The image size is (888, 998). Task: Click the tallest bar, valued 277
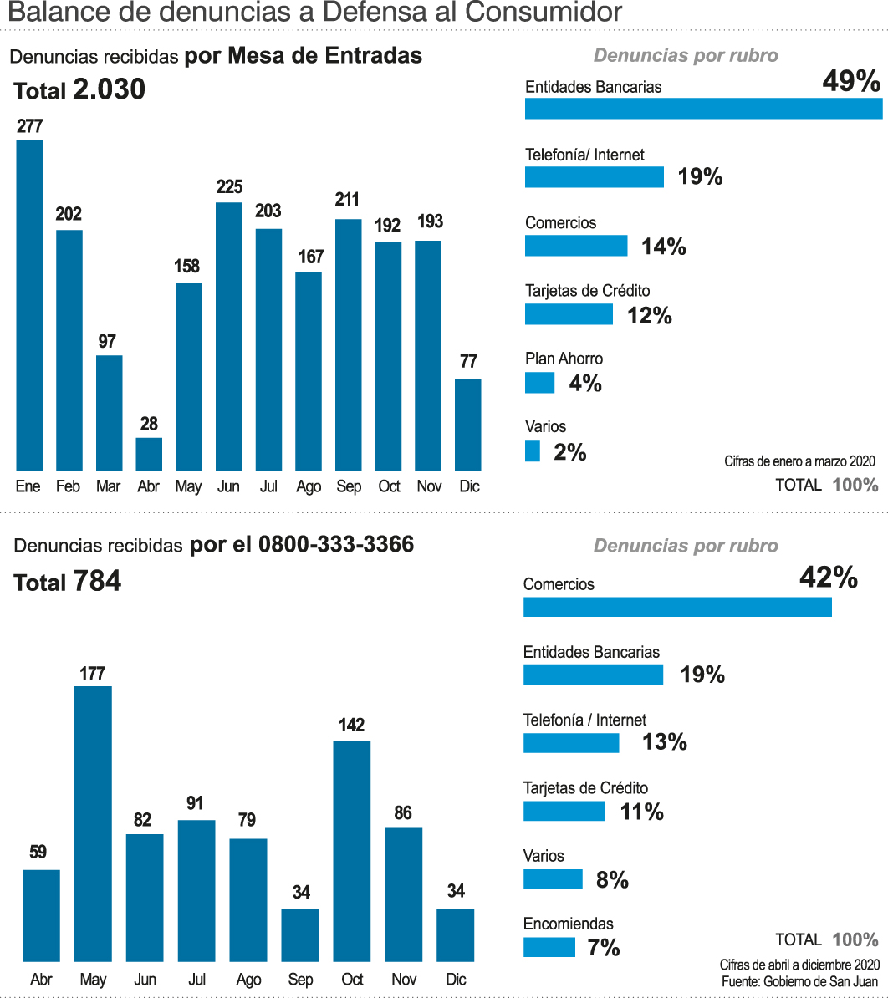tap(29, 305)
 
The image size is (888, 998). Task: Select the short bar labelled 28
tap(149, 454)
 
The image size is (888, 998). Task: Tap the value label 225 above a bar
tap(229, 186)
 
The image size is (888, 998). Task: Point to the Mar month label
tap(108, 486)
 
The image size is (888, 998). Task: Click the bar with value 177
tap(93, 823)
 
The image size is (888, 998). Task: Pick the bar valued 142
tap(351, 850)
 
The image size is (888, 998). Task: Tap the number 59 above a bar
tap(38, 853)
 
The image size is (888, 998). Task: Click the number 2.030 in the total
tap(109, 89)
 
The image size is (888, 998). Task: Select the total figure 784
tap(97, 581)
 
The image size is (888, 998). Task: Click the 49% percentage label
tap(851, 81)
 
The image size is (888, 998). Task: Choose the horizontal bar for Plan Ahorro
tap(539, 383)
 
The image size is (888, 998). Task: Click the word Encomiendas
tap(568, 924)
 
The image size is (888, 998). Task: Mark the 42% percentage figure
tap(828, 578)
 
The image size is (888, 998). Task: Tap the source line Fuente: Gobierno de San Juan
tap(799, 980)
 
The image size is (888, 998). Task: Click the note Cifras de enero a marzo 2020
tap(799, 461)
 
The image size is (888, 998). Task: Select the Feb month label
tap(68, 486)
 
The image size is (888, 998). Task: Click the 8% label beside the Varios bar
tap(612, 879)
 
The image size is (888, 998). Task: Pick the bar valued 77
tap(468, 425)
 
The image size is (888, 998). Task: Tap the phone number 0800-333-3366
tap(336, 545)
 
